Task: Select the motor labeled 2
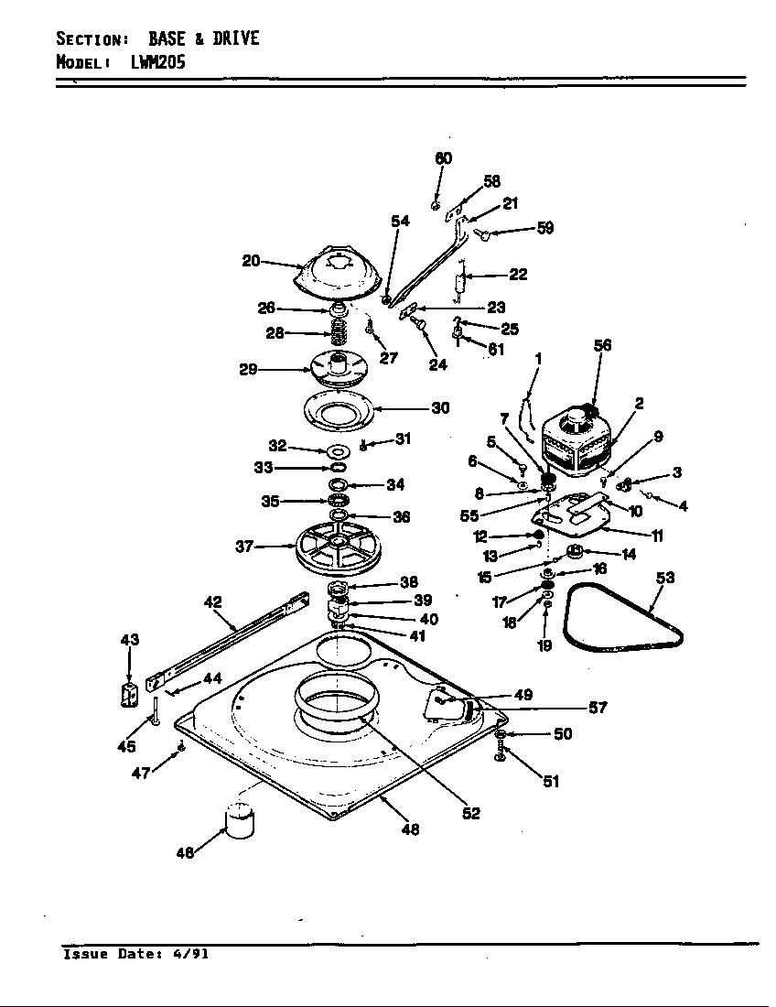pos(577,444)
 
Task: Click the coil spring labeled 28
pos(339,333)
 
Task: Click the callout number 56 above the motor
pos(601,345)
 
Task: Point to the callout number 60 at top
pos(443,158)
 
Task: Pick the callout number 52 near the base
pos(470,813)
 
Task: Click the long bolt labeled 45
pos(156,710)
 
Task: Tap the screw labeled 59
pos(485,236)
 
